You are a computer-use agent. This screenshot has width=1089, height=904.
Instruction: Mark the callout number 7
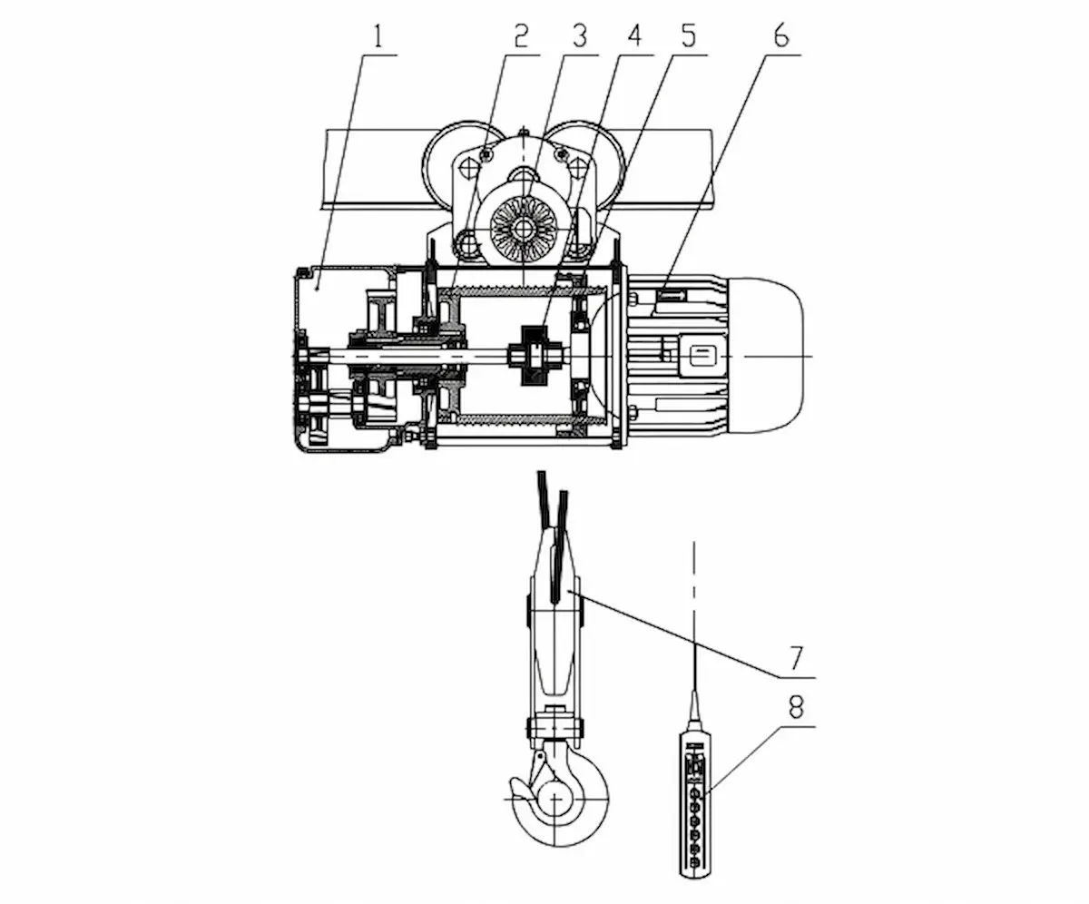(x=795, y=658)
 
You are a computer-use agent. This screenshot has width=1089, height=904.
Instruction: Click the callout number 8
(x=796, y=707)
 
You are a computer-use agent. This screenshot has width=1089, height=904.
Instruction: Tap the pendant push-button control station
(x=695, y=802)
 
